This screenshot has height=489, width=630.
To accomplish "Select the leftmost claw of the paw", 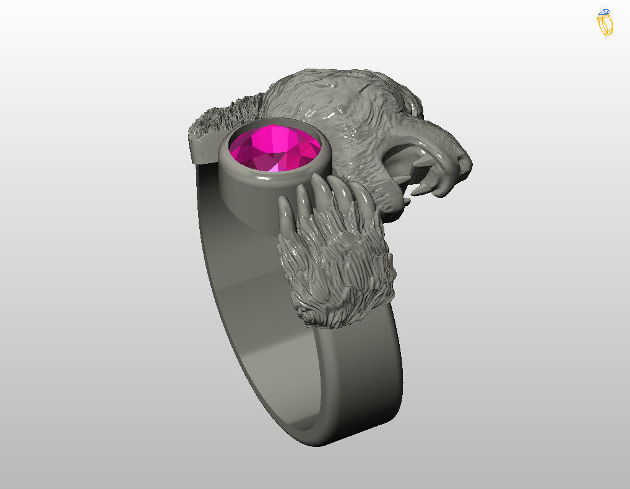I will [285, 213].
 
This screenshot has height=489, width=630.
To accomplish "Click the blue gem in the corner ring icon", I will [605, 13].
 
